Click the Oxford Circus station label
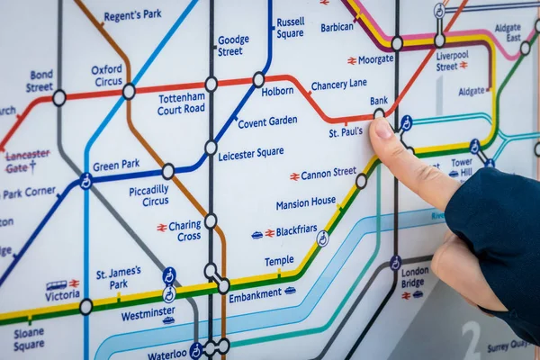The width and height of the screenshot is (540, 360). (x=107, y=76)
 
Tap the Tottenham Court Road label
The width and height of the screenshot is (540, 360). (x=181, y=103)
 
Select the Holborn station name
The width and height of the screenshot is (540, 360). (x=277, y=91)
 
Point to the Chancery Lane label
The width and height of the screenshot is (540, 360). (x=338, y=85)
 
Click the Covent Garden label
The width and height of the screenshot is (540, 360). (x=267, y=121)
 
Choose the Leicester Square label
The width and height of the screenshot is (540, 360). (x=251, y=154)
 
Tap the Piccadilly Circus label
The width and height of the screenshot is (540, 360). (x=148, y=195)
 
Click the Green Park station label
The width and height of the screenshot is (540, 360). (x=116, y=166)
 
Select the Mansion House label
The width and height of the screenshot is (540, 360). (x=305, y=203)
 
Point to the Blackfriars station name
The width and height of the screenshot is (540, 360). (x=296, y=231)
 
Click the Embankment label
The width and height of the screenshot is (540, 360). (x=256, y=293)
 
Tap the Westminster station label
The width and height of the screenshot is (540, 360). (x=148, y=315)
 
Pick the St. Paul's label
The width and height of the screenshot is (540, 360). (x=346, y=132)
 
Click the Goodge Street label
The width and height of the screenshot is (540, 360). (x=232, y=46)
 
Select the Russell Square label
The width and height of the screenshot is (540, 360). (x=290, y=28)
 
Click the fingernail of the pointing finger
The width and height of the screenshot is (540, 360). (x=382, y=128)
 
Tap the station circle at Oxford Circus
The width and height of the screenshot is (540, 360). (x=129, y=91)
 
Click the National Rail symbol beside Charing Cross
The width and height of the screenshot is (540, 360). (x=162, y=228)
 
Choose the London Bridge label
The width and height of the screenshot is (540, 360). (x=415, y=276)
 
